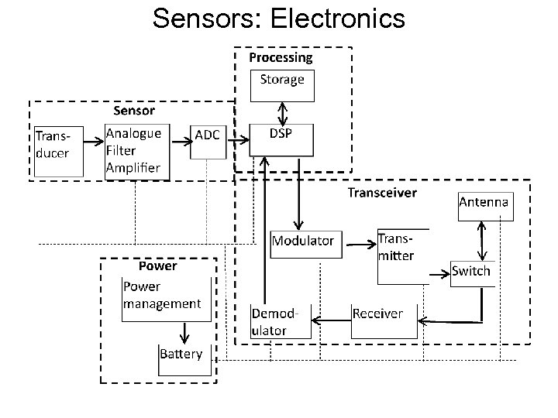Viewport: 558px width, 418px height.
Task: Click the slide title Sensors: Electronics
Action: click(x=279, y=18)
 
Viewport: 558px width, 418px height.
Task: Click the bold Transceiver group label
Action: click(x=382, y=192)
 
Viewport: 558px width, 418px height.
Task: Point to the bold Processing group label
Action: click(x=281, y=57)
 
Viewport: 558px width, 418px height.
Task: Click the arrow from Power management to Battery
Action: click(x=184, y=332)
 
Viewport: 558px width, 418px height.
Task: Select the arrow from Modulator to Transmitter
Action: click(x=357, y=245)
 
